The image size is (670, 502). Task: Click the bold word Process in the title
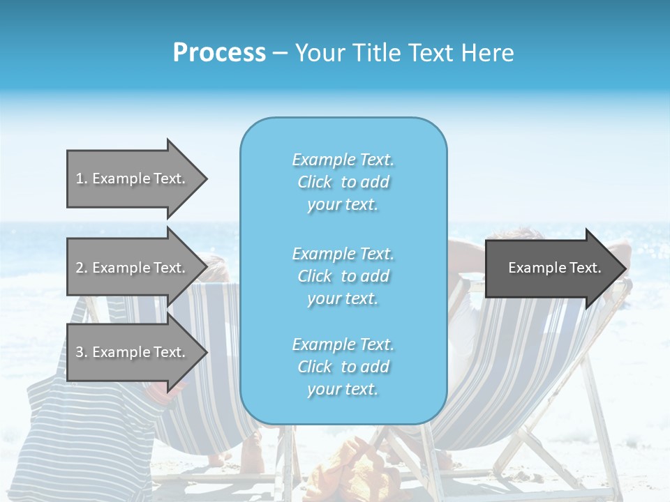point(219,52)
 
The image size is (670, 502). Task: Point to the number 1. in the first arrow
point(81,178)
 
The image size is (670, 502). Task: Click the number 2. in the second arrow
point(81,268)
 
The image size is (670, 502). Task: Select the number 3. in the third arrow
point(81,352)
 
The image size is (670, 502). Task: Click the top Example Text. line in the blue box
point(343,160)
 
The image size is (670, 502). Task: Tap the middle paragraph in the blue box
point(343,276)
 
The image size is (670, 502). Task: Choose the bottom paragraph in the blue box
point(343,367)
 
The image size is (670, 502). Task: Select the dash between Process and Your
point(280,53)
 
